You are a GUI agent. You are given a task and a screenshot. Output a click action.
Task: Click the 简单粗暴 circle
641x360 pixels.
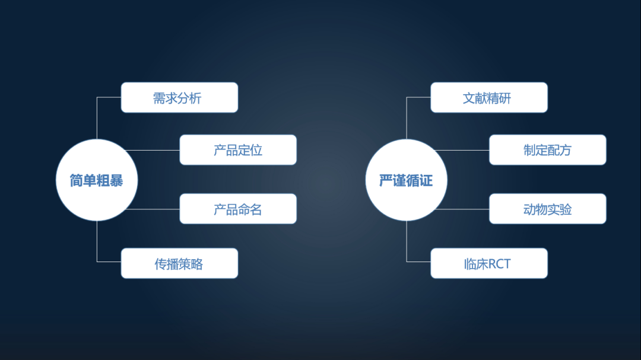(96, 180)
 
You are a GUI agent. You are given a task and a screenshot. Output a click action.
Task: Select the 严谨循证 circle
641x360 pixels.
(406, 180)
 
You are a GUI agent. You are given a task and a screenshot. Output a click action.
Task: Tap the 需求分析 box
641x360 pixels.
(179, 98)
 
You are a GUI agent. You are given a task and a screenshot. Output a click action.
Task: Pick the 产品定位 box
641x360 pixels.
(238, 150)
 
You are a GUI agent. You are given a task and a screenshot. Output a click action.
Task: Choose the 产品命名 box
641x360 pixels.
(238, 209)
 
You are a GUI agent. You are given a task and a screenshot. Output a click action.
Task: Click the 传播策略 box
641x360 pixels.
(179, 263)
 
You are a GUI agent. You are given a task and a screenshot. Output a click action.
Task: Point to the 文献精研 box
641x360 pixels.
(488, 98)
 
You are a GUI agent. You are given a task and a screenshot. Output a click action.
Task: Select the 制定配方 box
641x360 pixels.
(547, 150)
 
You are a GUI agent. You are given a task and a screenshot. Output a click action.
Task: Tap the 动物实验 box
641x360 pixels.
(547, 209)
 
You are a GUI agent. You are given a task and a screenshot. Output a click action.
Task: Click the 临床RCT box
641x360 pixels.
(488, 263)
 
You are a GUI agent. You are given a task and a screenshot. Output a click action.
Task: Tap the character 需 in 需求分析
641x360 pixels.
(160, 98)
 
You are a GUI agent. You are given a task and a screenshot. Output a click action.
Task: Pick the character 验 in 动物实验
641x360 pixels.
(565, 209)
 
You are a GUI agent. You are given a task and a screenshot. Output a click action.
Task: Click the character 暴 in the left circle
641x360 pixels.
(116, 180)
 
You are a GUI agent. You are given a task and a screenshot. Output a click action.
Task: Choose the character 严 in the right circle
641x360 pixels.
(386, 180)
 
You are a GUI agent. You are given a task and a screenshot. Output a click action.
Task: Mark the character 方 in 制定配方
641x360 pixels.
(565, 151)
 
